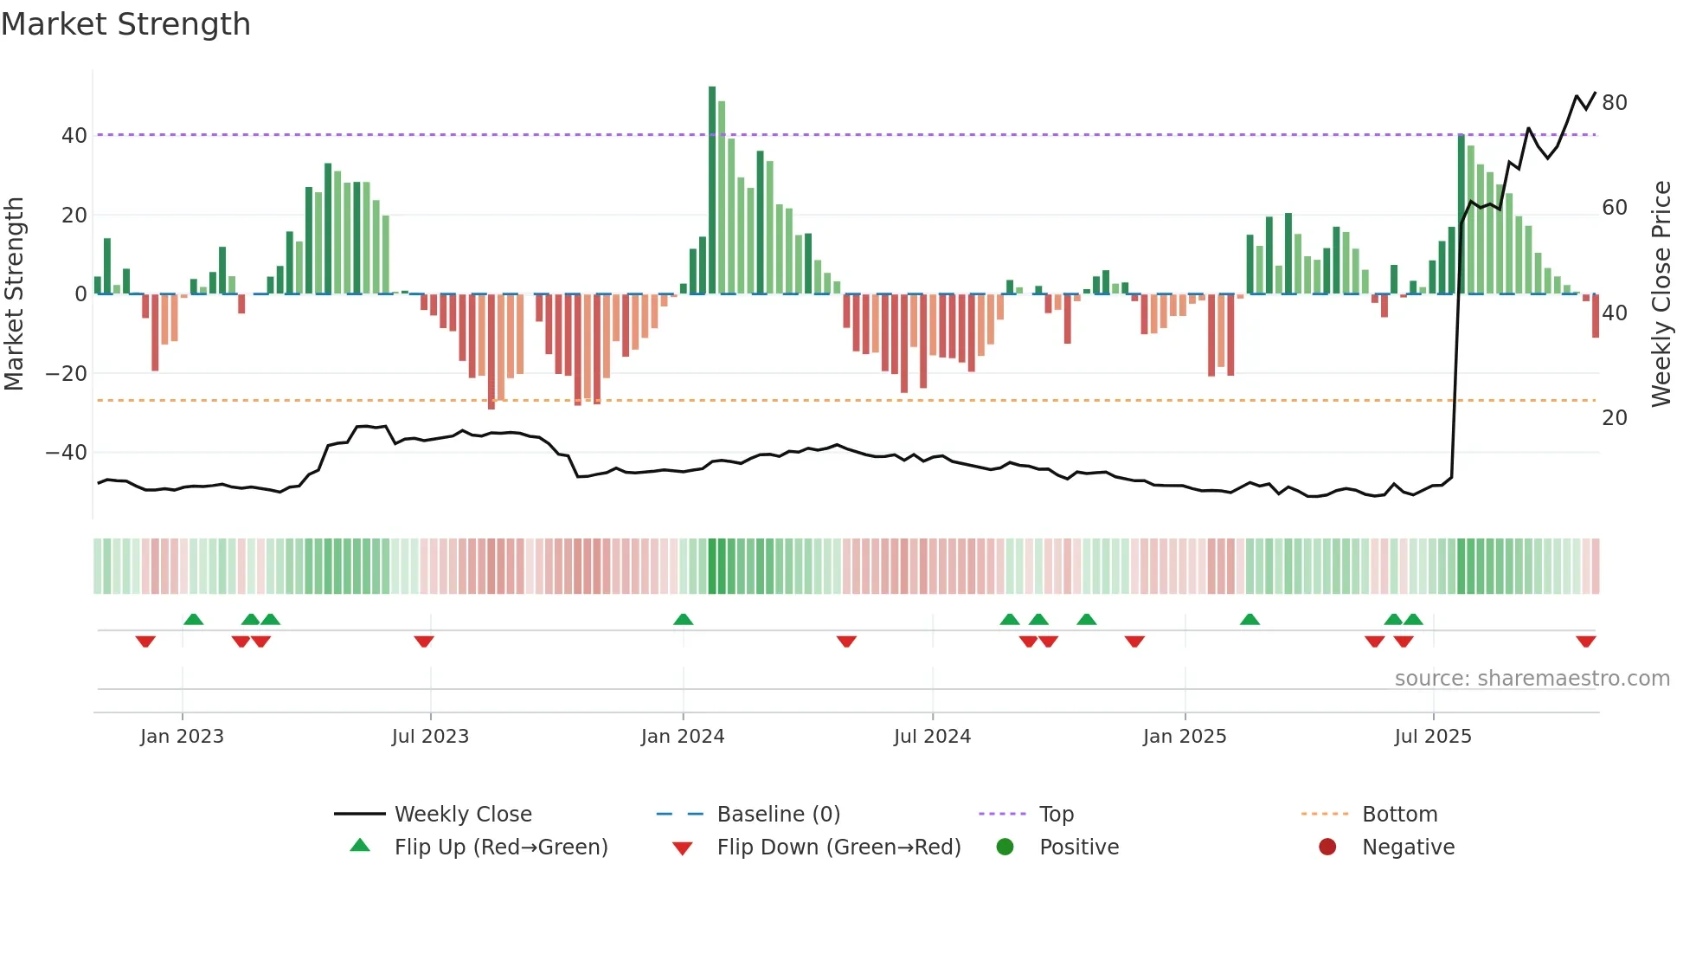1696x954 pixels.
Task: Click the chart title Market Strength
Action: pos(125,24)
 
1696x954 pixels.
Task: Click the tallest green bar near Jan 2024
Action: pos(712,190)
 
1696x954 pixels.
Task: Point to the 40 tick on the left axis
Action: pos(74,136)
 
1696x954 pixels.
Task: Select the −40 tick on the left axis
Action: pos(67,453)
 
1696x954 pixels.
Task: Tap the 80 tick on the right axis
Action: pos(1614,103)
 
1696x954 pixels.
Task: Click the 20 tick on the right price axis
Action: pos(1614,418)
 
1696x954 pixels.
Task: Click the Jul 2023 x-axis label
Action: pos(430,737)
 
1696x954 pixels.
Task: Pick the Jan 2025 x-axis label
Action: pos(1184,737)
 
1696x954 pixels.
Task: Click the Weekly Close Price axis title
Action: pos(1661,294)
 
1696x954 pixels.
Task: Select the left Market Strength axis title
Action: pos(15,294)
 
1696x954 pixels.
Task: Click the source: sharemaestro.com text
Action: pos(1532,679)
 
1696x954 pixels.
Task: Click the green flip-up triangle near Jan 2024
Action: pos(683,619)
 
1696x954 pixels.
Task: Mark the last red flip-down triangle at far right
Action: pos(1585,641)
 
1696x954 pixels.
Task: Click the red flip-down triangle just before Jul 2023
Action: pos(423,641)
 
